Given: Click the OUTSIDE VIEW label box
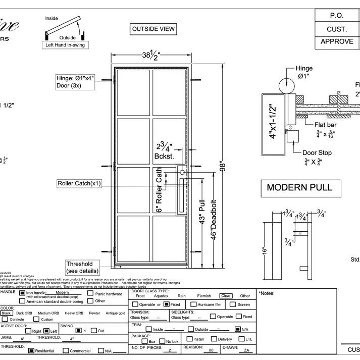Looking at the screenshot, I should [x=153, y=29].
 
